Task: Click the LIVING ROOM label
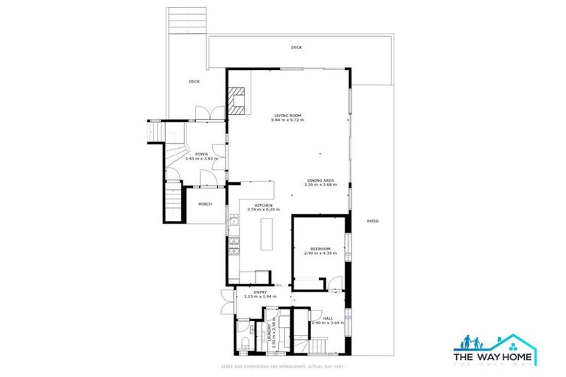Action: point(288,115)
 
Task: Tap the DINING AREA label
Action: point(321,180)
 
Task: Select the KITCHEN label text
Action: point(264,205)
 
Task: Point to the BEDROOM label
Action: point(320,249)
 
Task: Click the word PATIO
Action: point(373,221)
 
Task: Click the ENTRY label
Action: point(260,292)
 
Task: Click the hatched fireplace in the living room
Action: point(237,100)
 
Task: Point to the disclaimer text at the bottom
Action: point(283,366)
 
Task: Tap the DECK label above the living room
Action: point(296,48)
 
